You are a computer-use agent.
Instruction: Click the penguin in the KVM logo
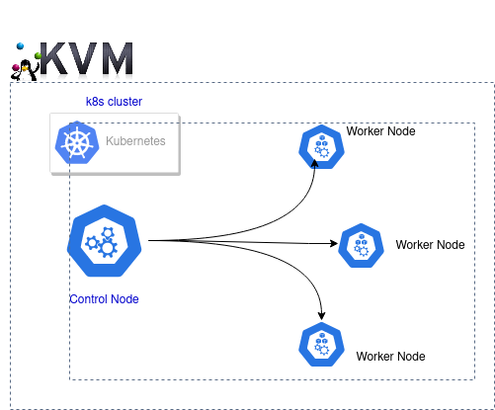(x=25, y=70)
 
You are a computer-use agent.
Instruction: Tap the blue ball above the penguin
(x=21, y=46)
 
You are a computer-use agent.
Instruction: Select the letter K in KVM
(x=55, y=58)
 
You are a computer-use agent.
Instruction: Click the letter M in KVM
(x=118, y=58)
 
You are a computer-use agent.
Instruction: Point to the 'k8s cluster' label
(x=114, y=102)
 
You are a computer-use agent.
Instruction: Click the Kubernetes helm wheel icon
(x=77, y=142)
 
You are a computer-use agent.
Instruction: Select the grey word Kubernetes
(x=135, y=141)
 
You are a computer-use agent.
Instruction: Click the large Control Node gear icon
(x=105, y=240)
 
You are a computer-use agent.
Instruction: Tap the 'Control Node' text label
(x=104, y=299)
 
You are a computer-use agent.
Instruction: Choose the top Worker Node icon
(x=321, y=147)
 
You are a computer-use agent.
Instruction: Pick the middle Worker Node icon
(x=361, y=245)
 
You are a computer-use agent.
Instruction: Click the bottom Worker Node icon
(x=321, y=345)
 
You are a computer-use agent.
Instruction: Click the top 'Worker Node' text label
(x=380, y=131)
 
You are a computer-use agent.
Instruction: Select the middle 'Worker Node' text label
(x=430, y=245)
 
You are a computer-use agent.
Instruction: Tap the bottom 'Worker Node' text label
(x=390, y=357)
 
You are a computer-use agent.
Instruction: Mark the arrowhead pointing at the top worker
(x=314, y=163)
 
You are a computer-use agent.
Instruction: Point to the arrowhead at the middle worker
(x=334, y=243)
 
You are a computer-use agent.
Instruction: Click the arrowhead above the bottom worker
(x=322, y=316)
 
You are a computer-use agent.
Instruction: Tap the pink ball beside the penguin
(x=16, y=67)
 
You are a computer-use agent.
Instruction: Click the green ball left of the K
(x=38, y=55)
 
